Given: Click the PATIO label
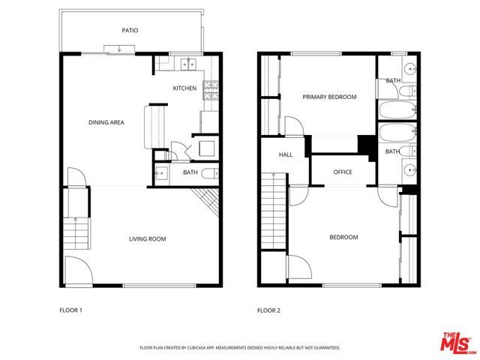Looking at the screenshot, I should [x=130, y=31].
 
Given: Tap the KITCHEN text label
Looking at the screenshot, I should [x=184, y=88].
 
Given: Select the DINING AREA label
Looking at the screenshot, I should [x=106, y=122].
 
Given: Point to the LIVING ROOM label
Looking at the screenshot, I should [x=147, y=239].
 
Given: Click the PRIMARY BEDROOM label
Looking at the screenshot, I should [x=329, y=97].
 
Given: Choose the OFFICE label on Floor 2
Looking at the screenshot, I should [x=343, y=172].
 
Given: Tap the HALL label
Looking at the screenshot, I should [x=286, y=155].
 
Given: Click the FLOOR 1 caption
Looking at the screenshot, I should [x=72, y=309].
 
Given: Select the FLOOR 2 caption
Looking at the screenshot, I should [x=268, y=309].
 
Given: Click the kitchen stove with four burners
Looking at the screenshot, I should [x=211, y=90].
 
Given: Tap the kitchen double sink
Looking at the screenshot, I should [x=186, y=64].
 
